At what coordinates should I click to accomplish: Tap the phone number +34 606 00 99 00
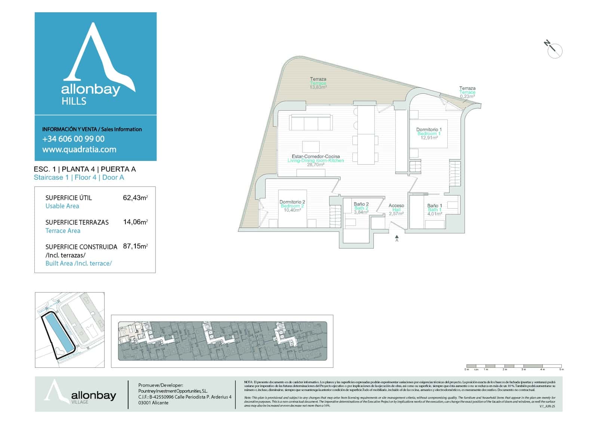[73, 139]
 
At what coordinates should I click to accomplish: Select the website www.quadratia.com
[79, 149]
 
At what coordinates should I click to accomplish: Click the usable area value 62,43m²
[135, 198]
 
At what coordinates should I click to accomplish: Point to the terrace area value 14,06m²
[135, 222]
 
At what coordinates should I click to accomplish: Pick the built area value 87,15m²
[135, 246]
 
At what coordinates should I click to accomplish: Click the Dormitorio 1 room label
[429, 130]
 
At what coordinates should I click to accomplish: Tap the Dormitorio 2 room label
[292, 202]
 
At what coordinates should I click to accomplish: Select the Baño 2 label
[361, 204]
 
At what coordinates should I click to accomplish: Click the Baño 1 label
[435, 205]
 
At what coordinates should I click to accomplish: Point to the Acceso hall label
[396, 205]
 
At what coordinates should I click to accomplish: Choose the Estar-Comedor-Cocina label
[316, 156]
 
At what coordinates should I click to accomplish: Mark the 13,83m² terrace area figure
[318, 87]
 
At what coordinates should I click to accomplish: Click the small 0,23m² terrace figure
[467, 96]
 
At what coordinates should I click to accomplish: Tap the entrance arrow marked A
[397, 238]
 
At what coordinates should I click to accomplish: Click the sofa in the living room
[311, 122]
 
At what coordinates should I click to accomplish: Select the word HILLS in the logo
[74, 101]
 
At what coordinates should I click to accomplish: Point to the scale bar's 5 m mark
[561, 369]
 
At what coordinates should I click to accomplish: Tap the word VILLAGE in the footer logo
[80, 402]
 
